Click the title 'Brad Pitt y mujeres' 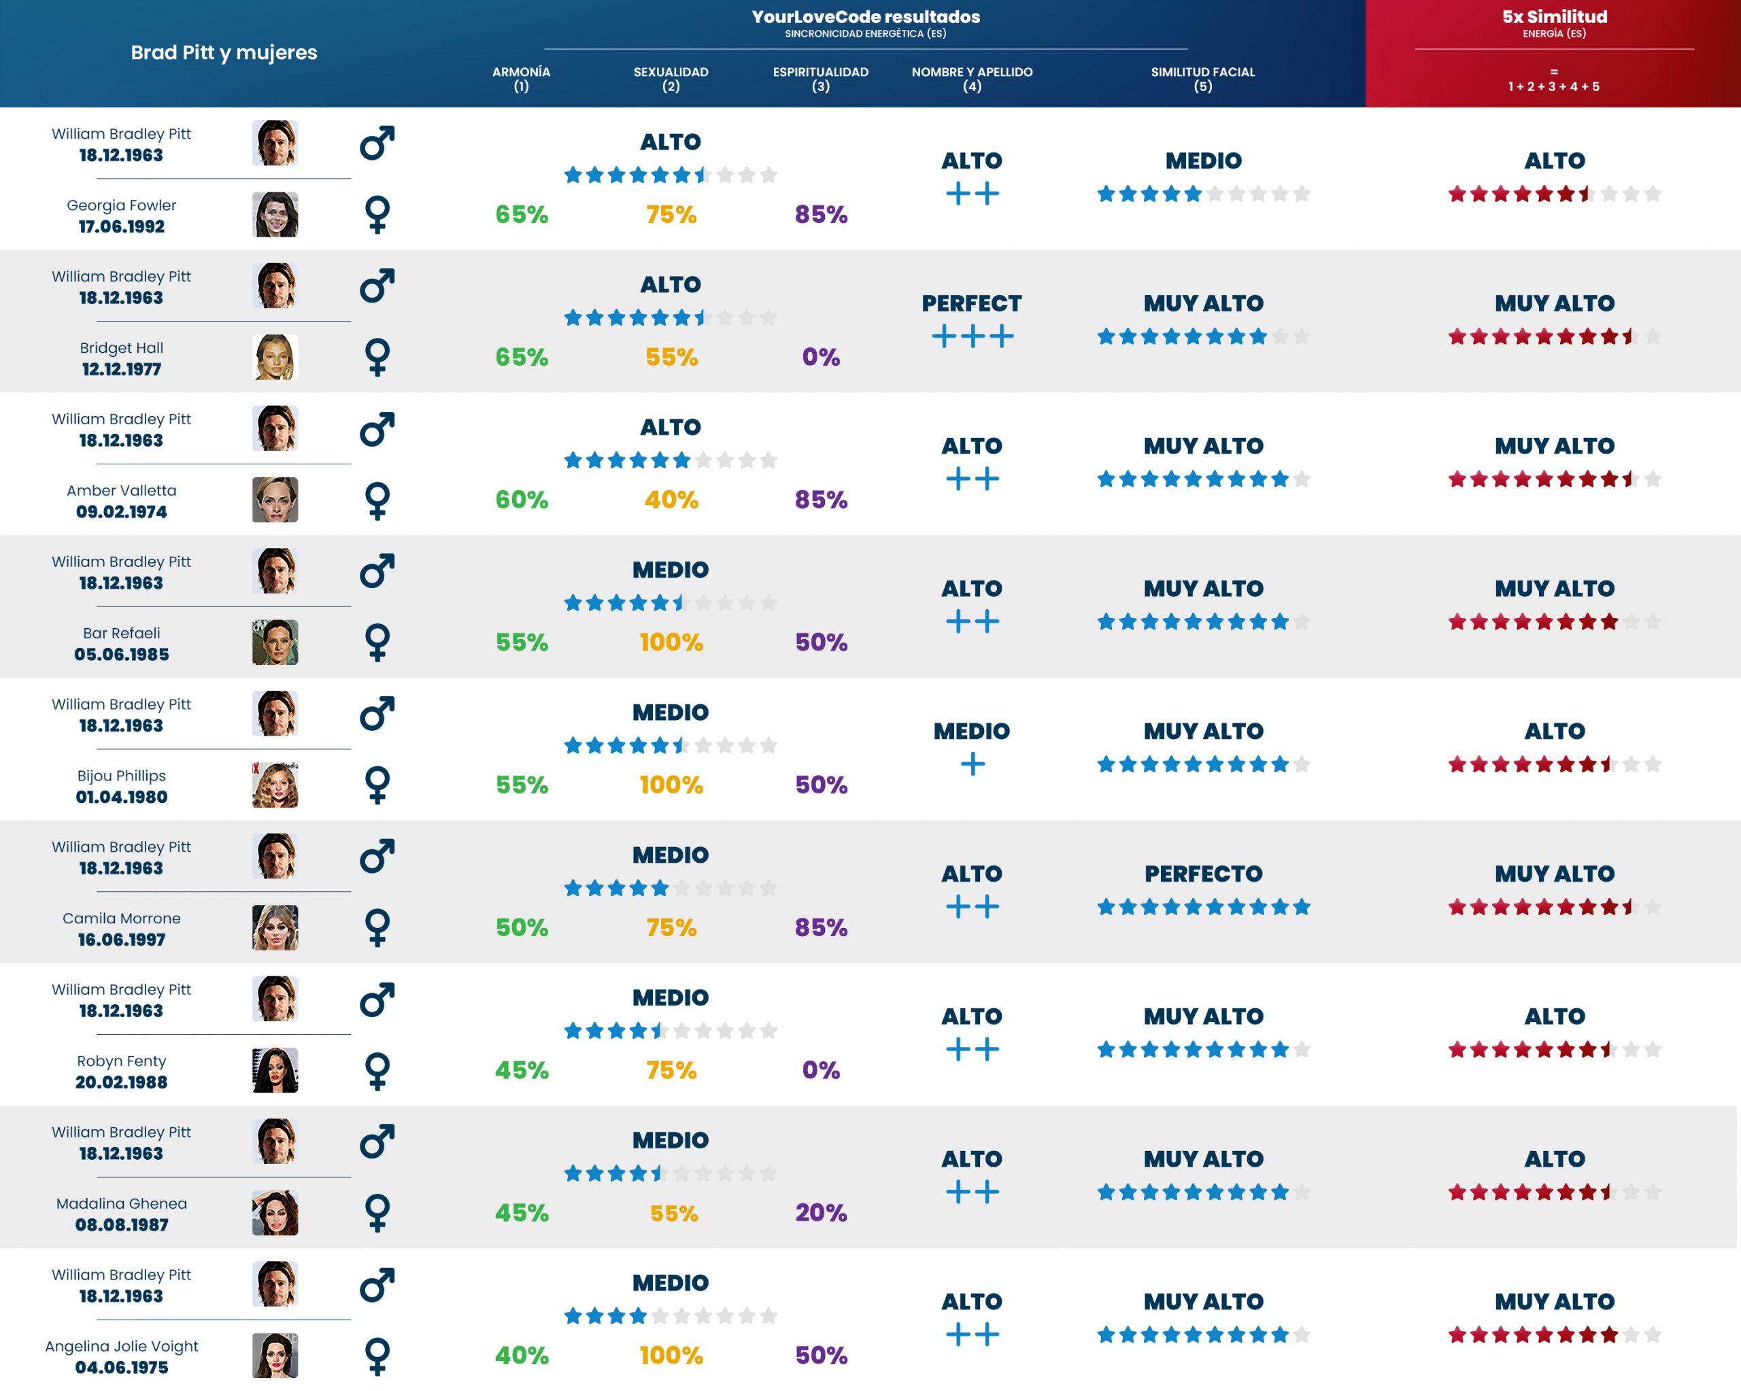(x=224, y=52)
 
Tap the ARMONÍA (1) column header (x=521, y=78)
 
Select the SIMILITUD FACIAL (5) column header (x=1202, y=78)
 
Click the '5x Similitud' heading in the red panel (x=1554, y=17)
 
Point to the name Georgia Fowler (x=121, y=205)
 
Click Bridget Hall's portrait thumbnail (x=275, y=357)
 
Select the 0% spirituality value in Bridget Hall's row (x=820, y=357)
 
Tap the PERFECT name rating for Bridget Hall (x=971, y=303)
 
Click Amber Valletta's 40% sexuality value (x=671, y=500)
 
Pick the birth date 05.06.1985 (x=121, y=655)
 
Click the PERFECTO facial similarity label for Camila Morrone (x=1202, y=874)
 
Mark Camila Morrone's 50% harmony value (x=521, y=927)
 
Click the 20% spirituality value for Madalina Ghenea (x=820, y=1213)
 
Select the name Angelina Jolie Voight (x=121, y=1346)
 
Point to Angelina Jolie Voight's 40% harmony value (x=521, y=1356)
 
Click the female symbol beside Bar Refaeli (x=377, y=642)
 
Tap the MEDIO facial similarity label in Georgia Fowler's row (x=1202, y=160)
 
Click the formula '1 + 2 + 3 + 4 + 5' (x=1554, y=86)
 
